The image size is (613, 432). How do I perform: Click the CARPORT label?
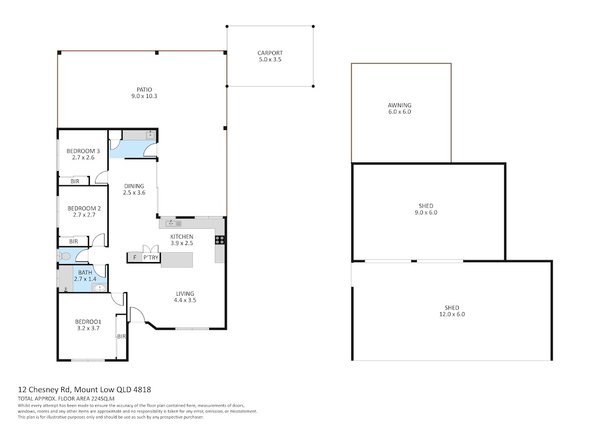tap(270, 53)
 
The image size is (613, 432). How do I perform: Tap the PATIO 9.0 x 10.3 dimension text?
tap(144, 96)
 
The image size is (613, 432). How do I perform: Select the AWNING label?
tap(399, 105)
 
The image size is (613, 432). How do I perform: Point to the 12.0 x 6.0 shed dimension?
tap(452, 314)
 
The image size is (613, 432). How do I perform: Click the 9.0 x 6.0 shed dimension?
tap(426, 212)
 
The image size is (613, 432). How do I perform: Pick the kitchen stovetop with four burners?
tap(220, 240)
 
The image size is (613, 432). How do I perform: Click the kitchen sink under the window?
tap(174, 224)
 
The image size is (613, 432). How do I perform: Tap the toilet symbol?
tap(64, 256)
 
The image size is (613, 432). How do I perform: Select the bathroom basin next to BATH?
tap(100, 288)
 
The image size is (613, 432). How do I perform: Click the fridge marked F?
tap(134, 257)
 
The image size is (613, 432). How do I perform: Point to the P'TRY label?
tap(151, 257)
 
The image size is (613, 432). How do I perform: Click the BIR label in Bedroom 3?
tap(75, 181)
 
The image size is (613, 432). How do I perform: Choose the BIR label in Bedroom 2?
tap(74, 242)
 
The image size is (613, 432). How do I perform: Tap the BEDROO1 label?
tap(88, 322)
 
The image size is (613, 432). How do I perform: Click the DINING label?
tap(134, 186)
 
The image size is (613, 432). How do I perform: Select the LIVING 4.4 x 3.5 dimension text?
tap(185, 300)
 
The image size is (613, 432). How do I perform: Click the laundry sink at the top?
tap(151, 135)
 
